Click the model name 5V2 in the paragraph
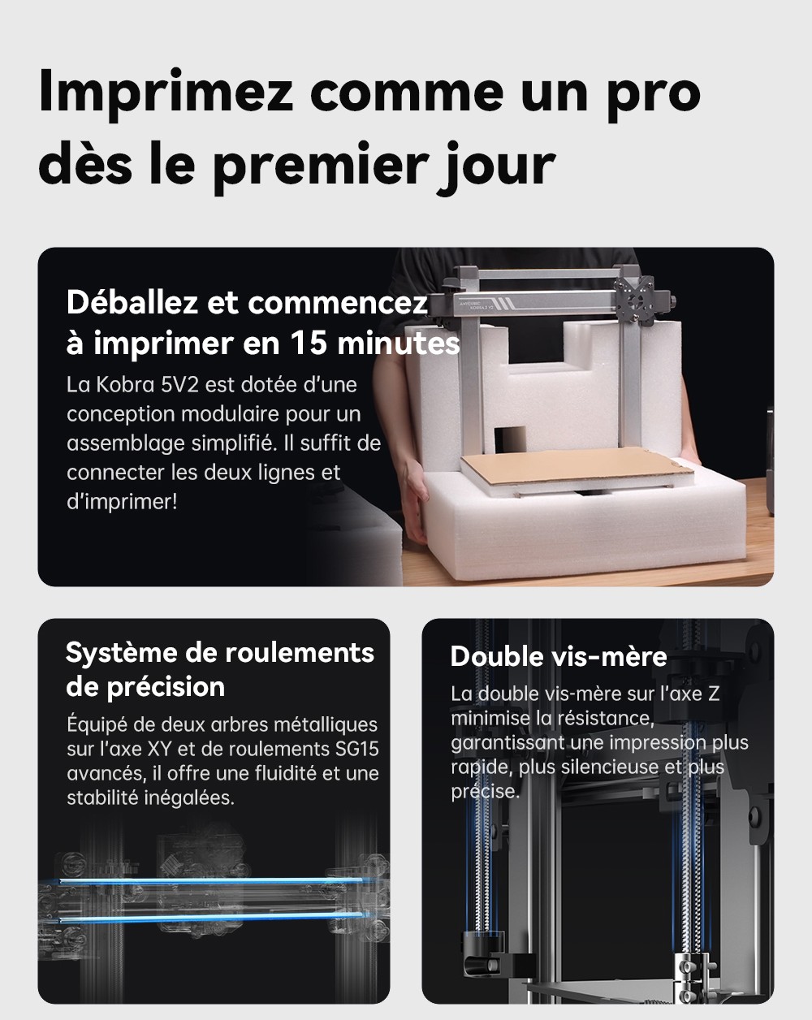[x=172, y=384]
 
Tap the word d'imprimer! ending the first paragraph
[x=121, y=501]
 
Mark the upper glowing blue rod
[x=211, y=880]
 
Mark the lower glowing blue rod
[x=211, y=918]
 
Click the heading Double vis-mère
[x=559, y=656]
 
